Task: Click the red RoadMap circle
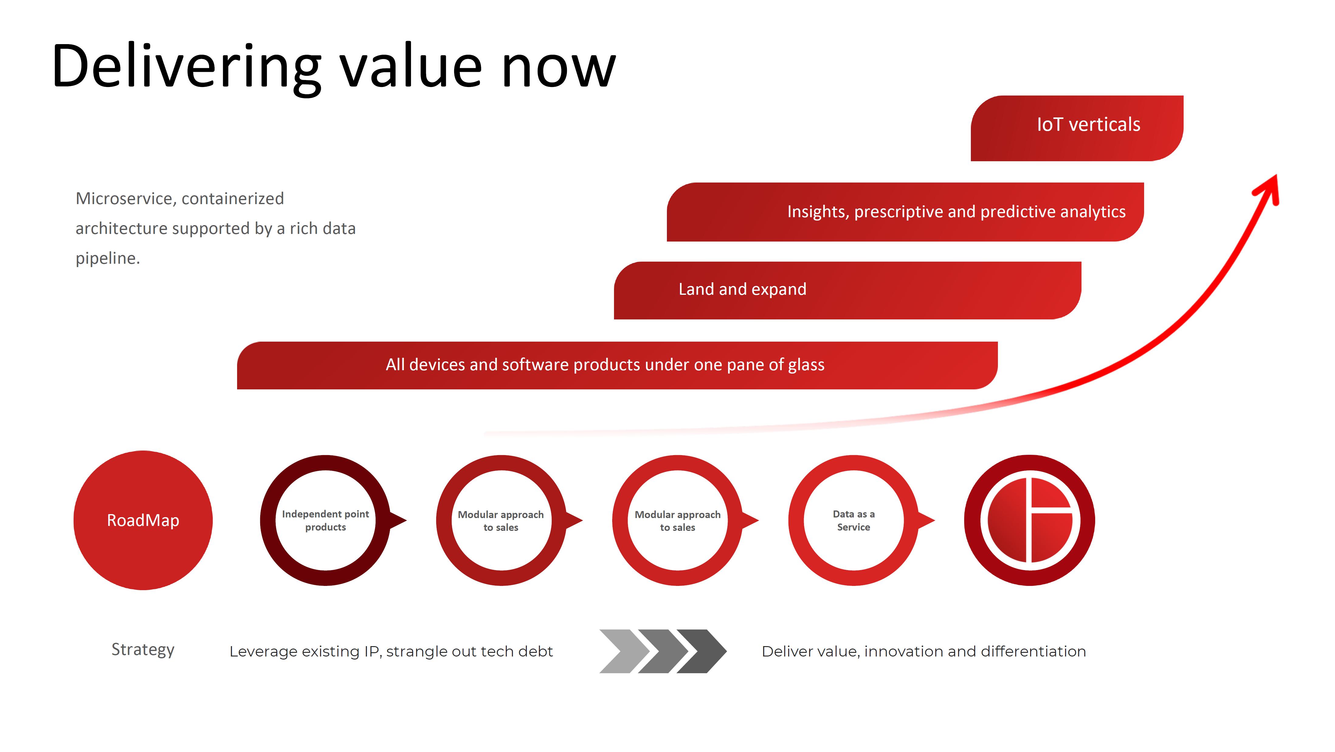pyautogui.click(x=143, y=520)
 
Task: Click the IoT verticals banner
pyautogui.click(x=1077, y=128)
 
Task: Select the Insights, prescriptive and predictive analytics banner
pyautogui.click(x=905, y=212)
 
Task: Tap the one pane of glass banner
pyautogui.click(x=617, y=365)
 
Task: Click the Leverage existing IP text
pyautogui.click(x=391, y=651)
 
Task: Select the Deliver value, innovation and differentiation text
pyautogui.click(x=923, y=651)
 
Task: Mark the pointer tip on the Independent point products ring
pyautogui.click(x=406, y=520)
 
